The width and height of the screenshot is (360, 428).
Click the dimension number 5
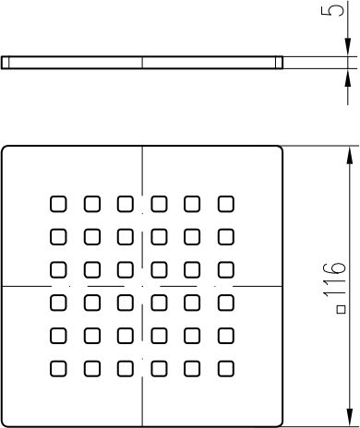point(332,7)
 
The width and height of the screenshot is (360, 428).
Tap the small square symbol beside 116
point(342,309)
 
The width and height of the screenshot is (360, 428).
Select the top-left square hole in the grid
point(58,204)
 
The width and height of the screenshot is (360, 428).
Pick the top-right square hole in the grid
point(226,204)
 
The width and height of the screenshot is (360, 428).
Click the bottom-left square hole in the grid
point(58,368)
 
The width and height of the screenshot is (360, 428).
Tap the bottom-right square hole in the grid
point(226,368)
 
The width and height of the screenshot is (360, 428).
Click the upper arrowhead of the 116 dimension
point(349,156)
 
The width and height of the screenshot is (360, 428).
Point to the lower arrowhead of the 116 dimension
point(349,417)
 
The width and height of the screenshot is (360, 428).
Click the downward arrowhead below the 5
point(348,47)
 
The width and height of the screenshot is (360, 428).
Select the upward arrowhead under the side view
point(348,78)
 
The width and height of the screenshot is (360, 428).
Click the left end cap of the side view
point(6,63)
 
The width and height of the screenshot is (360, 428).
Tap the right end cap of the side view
point(279,63)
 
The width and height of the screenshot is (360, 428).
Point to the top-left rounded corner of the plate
point(5,149)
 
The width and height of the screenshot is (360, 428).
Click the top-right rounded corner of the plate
point(280,149)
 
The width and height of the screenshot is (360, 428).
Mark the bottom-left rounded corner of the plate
point(5,423)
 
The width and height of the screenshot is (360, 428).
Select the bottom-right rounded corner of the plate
point(280,423)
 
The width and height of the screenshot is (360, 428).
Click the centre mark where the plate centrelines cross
point(142,286)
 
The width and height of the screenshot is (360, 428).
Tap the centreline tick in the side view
point(142,63)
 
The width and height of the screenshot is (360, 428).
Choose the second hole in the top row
point(92,204)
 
